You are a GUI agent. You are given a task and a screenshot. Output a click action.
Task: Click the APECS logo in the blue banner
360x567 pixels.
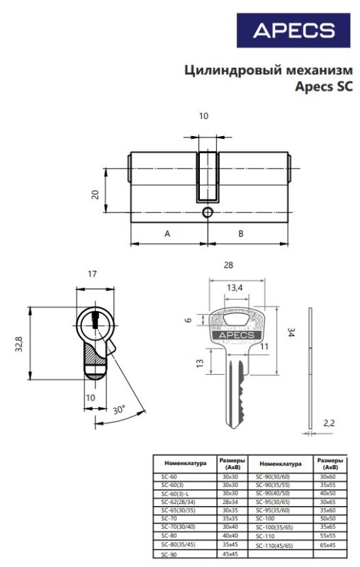[293, 30]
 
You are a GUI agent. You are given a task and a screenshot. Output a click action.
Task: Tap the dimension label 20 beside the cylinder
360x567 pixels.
[95, 195]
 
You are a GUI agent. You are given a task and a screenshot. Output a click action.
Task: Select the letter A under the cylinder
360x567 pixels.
[167, 234]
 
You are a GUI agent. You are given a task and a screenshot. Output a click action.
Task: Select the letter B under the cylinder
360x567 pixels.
[241, 234]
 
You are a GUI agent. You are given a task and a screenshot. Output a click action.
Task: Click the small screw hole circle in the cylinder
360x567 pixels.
[207, 212]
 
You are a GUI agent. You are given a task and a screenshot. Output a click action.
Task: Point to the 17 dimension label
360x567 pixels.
[92, 274]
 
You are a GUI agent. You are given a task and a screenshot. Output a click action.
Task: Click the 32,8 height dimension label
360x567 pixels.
[19, 344]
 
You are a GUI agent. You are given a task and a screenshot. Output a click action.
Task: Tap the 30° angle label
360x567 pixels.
[119, 410]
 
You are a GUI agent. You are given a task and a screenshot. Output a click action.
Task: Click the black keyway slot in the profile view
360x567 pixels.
[95, 320]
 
